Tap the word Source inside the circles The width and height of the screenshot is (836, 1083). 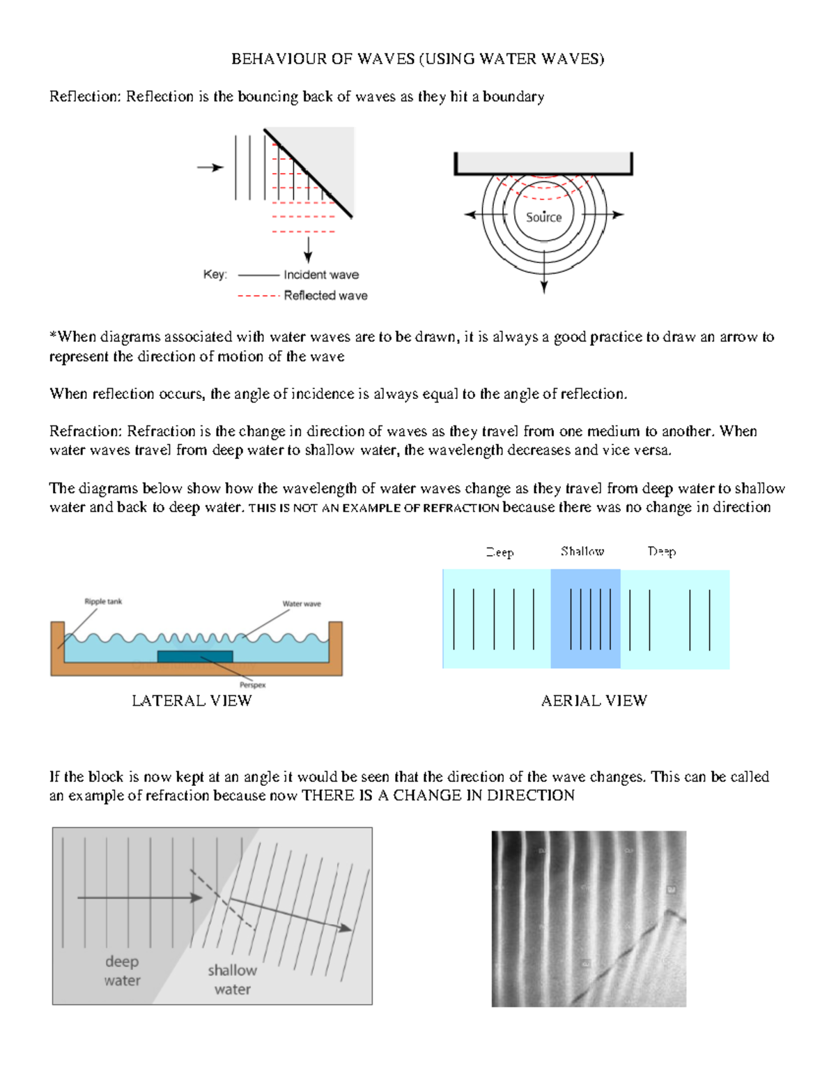[x=543, y=218]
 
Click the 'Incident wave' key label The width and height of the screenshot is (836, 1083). [x=321, y=275]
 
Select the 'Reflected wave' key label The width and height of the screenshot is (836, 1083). [x=325, y=296]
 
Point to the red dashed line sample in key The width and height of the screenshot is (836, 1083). [x=258, y=296]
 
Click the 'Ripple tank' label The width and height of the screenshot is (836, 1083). [x=103, y=601]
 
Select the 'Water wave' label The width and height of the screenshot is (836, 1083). [x=301, y=604]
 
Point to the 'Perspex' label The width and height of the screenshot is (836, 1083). [x=252, y=685]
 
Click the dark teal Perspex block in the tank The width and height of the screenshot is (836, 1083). [x=194, y=656]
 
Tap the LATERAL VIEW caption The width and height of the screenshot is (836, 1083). [x=192, y=701]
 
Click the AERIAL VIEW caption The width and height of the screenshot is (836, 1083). [x=594, y=701]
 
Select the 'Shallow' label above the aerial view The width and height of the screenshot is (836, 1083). [x=582, y=552]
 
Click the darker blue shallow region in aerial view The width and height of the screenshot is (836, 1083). [x=585, y=619]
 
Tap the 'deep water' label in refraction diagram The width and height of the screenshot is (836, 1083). [x=122, y=971]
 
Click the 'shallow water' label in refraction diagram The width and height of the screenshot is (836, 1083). [x=232, y=980]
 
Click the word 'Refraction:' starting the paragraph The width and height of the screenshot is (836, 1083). [x=87, y=432]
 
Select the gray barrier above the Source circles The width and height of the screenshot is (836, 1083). [x=543, y=163]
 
